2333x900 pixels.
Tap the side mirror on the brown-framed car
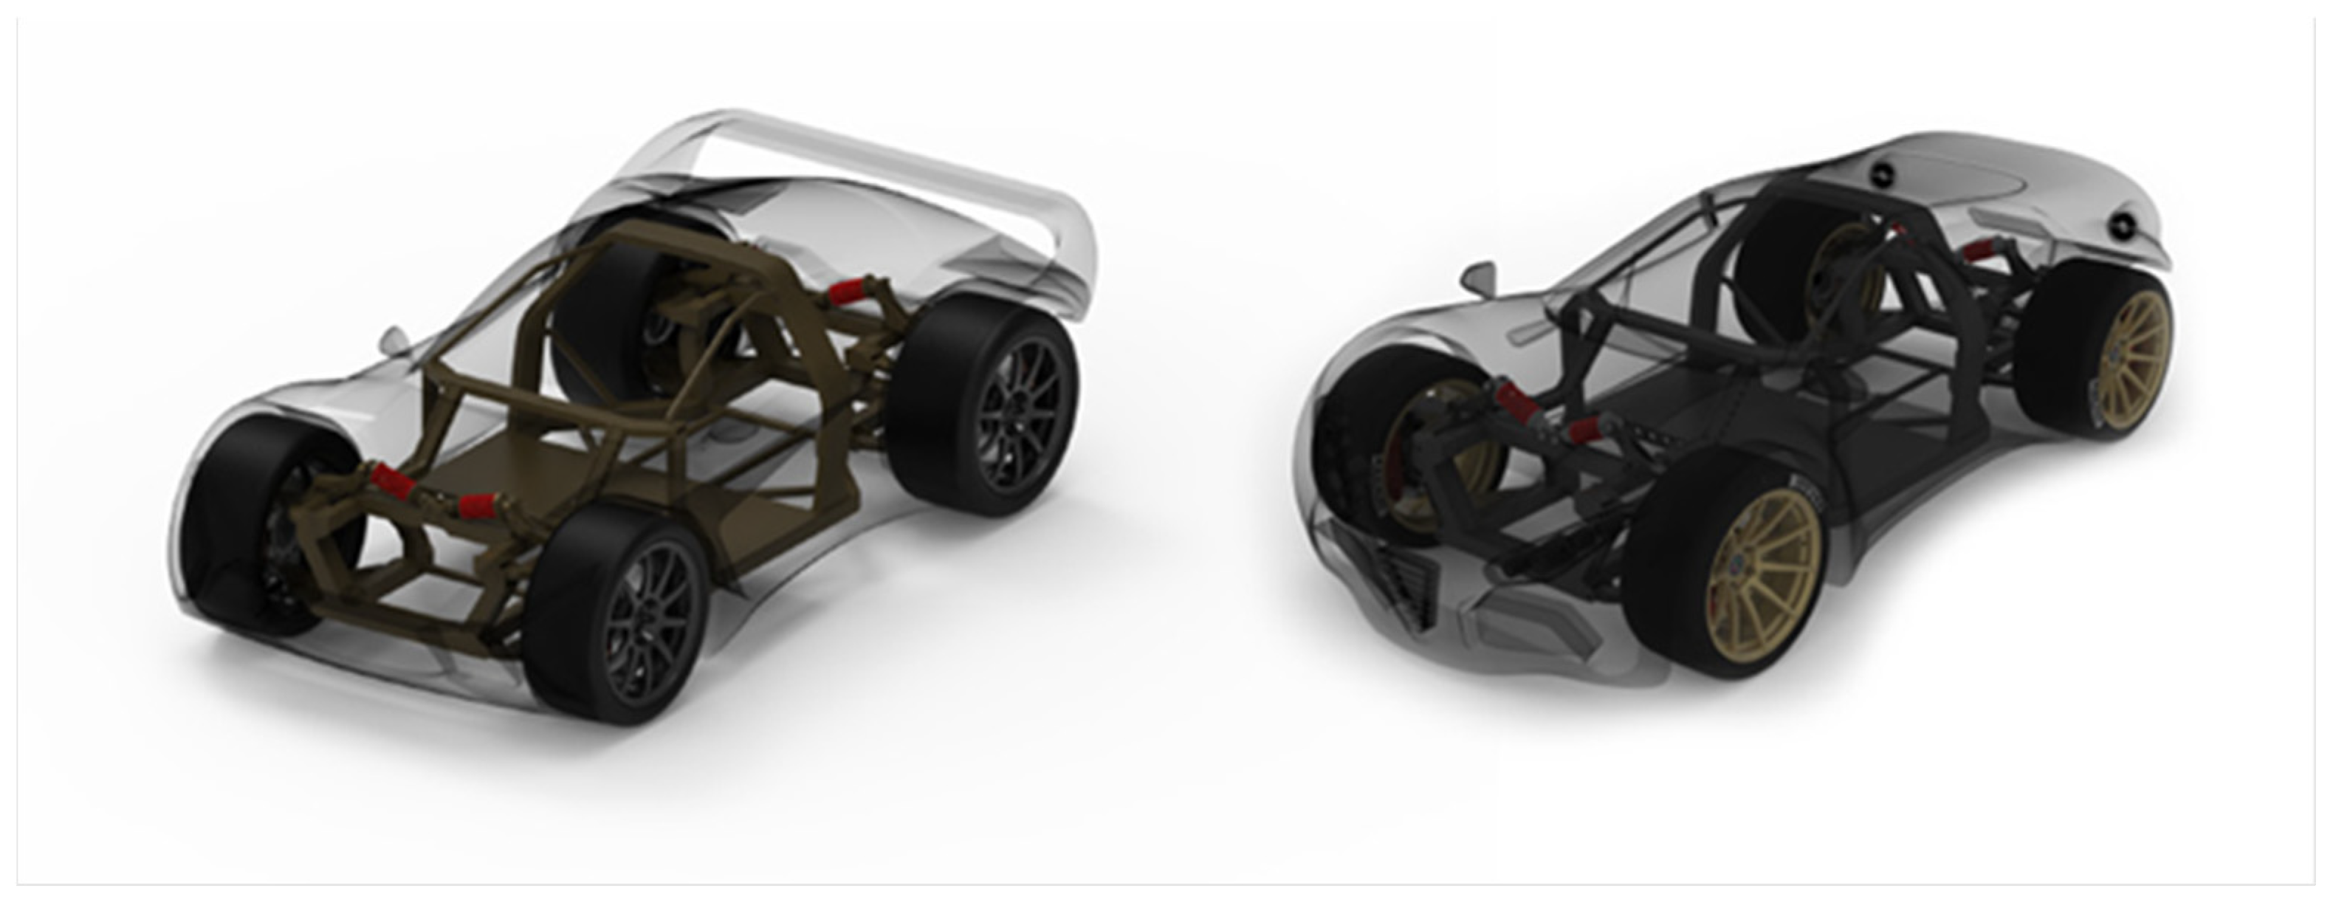click(396, 340)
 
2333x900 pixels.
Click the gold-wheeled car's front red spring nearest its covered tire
click(1516, 403)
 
